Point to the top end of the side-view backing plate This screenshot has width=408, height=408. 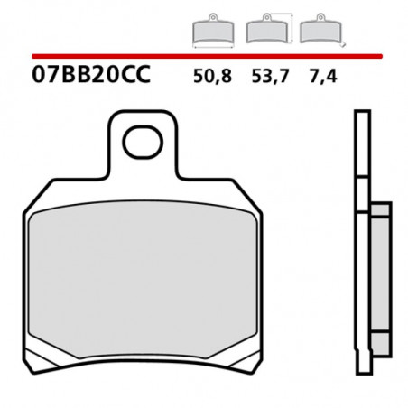coord(361,117)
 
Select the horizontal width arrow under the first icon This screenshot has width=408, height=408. coord(213,44)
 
